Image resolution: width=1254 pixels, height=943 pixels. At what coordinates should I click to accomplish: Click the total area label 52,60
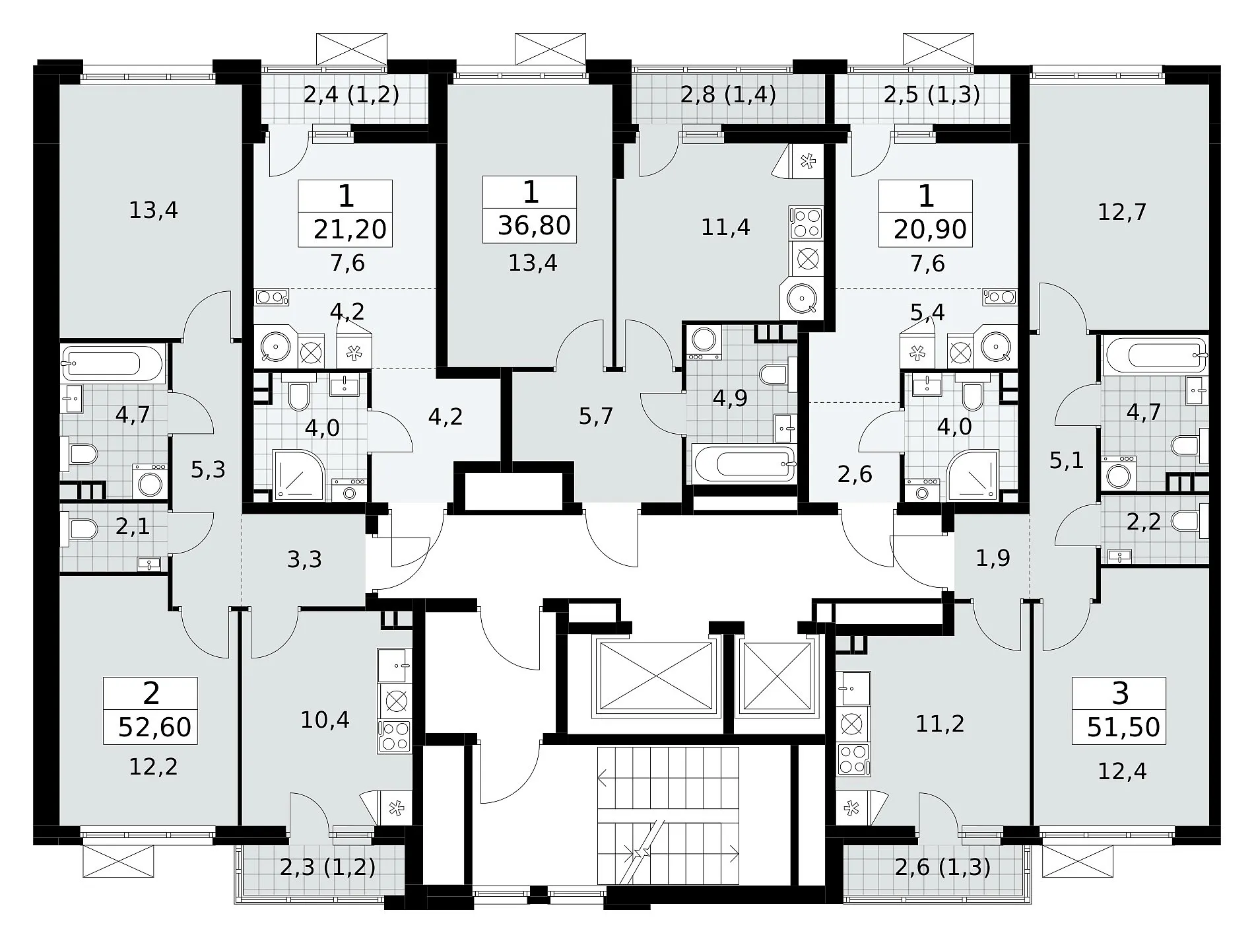pyautogui.click(x=155, y=727)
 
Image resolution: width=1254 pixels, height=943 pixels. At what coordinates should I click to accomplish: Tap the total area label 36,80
pyautogui.click(x=535, y=225)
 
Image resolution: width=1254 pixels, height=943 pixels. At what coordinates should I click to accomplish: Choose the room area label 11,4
pyautogui.click(x=725, y=228)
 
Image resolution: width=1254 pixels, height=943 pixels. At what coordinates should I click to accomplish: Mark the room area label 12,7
pyautogui.click(x=1122, y=213)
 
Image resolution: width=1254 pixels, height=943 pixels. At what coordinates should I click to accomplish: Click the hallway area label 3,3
pyautogui.click(x=304, y=559)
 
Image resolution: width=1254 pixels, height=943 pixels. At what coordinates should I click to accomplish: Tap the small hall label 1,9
pyautogui.click(x=993, y=559)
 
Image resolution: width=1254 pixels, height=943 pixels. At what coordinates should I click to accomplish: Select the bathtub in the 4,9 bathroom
pyautogui.click(x=743, y=463)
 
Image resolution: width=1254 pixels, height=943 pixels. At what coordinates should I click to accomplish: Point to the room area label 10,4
pyautogui.click(x=325, y=719)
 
